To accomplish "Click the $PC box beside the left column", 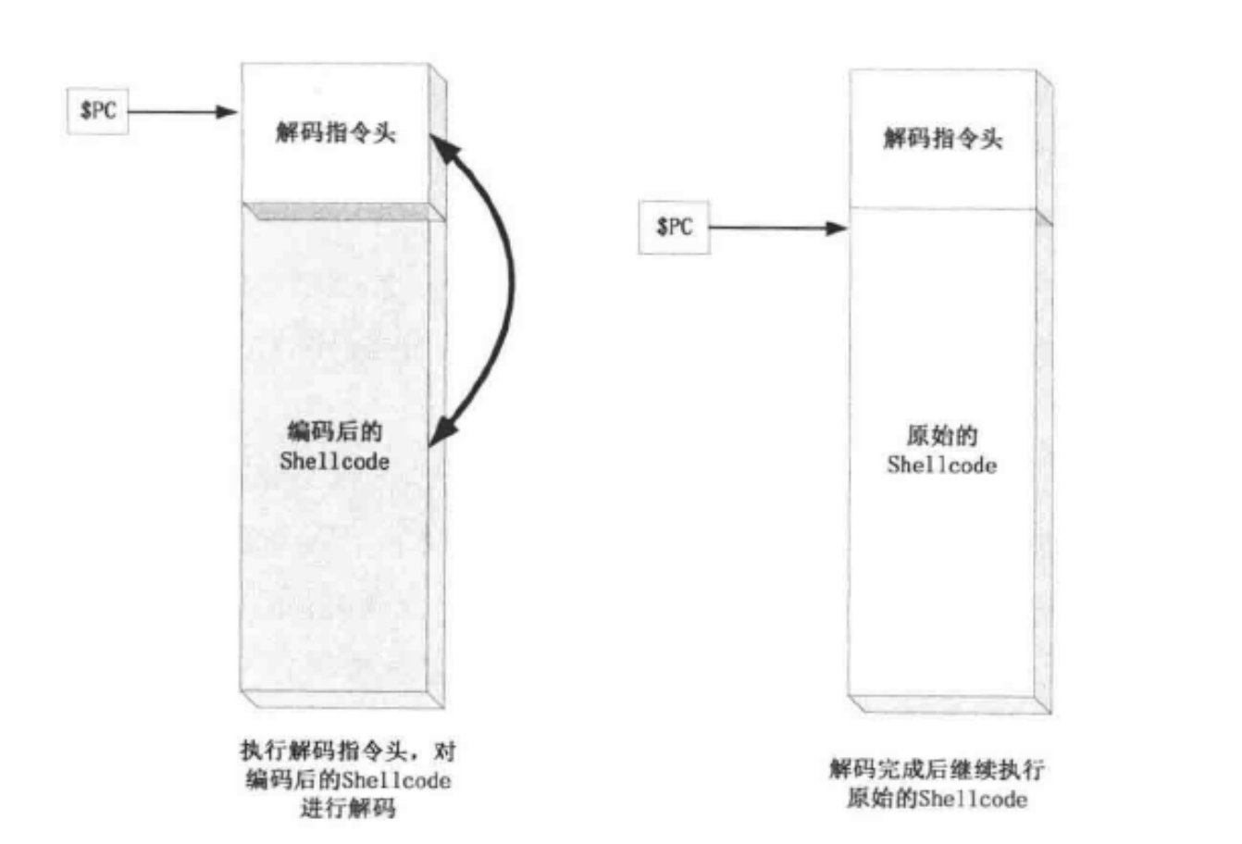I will (x=98, y=111).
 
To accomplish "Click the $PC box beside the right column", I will (x=674, y=227).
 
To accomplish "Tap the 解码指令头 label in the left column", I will (x=335, y=133).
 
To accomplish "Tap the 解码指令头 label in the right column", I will (x=942, y=140).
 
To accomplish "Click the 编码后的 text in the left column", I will (x=334, y=432).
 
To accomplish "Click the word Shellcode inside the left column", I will (x=334, y=462).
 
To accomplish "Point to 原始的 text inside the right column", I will (x=941, y=437).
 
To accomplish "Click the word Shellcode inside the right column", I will (x=941, y=465).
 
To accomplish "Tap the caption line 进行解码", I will (x=347, y=808).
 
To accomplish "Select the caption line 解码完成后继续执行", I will (x=937, y=769).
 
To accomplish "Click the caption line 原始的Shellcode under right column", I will (x=937, y=798).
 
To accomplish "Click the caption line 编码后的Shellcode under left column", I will (x=347, y=779).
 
